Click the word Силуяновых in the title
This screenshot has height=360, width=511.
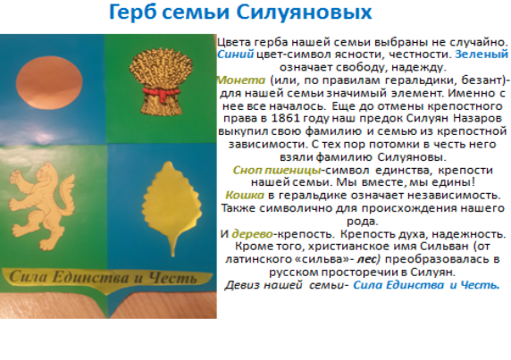[304, 13]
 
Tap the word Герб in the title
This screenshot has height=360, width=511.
[133, 13]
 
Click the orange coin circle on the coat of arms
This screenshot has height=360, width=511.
[49, 83]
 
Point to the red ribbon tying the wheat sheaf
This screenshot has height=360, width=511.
[160, 93]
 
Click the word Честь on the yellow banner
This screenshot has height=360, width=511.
[172, 278]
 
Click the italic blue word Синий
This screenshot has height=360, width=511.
[235, 54]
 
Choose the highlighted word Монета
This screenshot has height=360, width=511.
[241, 80]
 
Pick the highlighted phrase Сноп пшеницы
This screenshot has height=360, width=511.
[277, 171]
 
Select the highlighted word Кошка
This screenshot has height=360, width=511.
[245, 195]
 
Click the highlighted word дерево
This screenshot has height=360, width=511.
[252, 234]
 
